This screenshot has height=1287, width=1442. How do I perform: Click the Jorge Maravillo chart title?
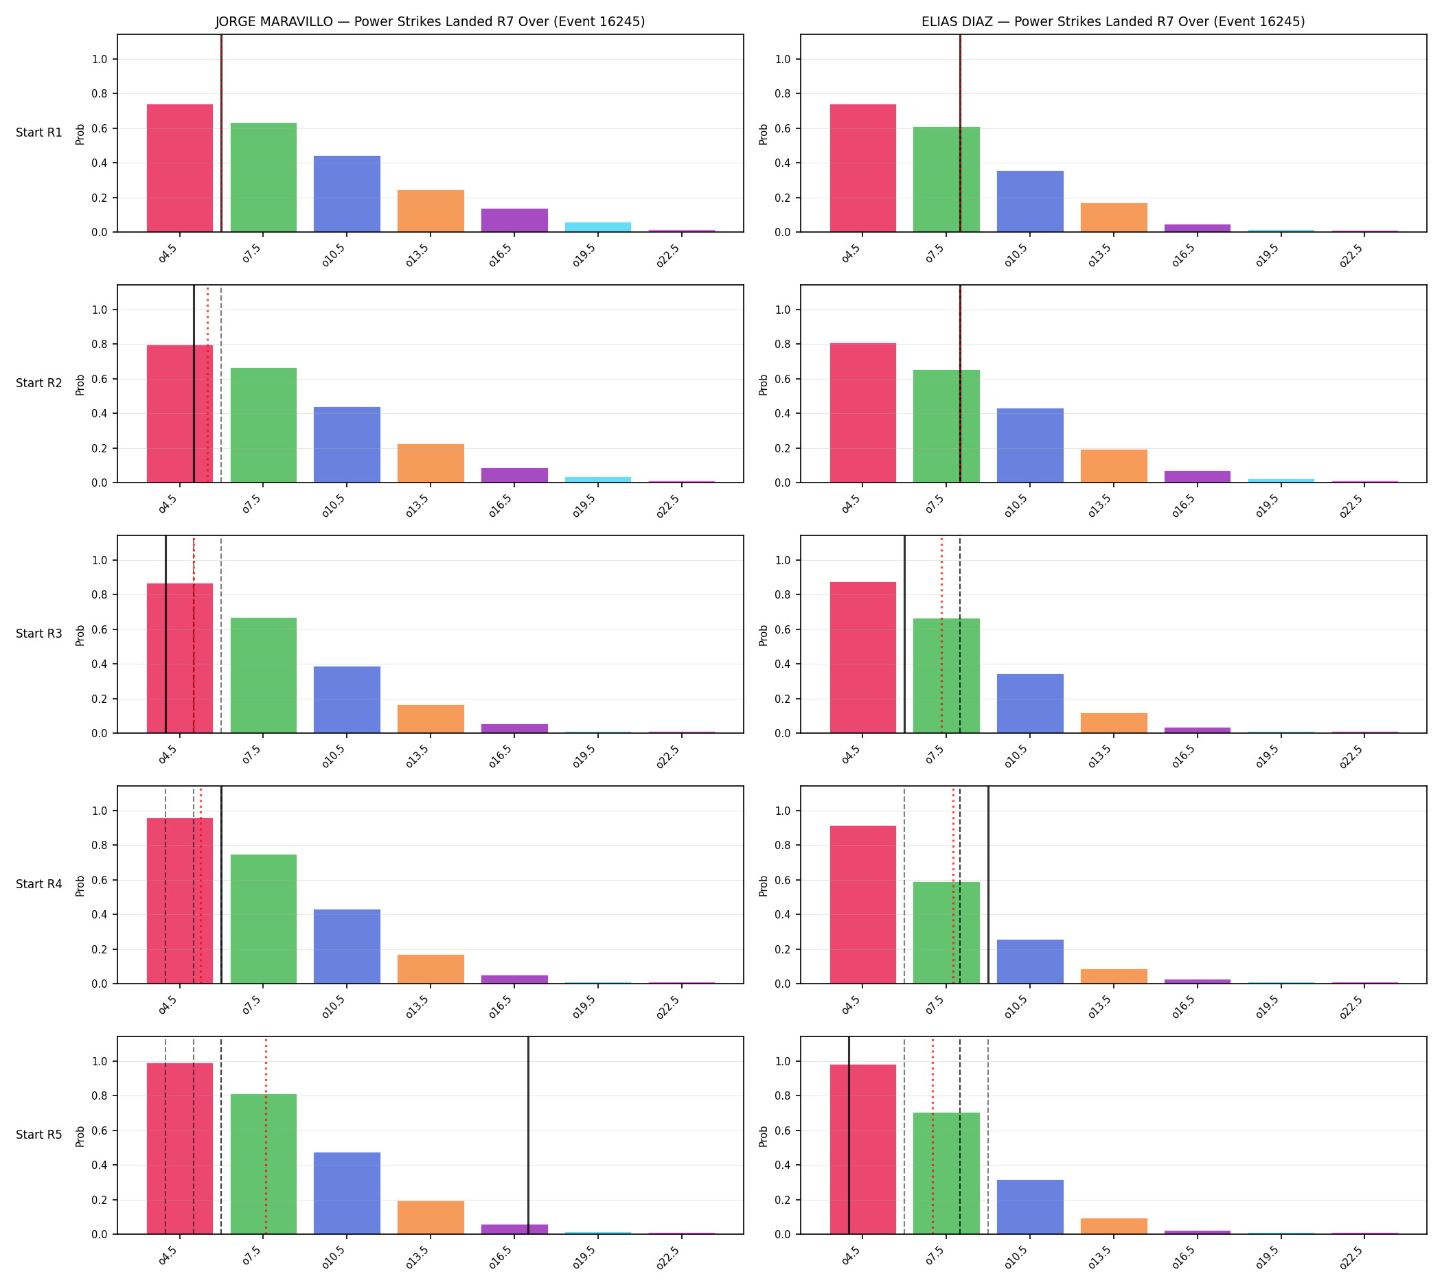pos(430,22)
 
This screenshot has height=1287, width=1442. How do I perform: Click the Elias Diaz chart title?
pos(1113,22)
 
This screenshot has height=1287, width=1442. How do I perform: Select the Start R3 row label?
pos(39,634)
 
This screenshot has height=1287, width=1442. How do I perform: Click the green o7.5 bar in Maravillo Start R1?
pos(263,178)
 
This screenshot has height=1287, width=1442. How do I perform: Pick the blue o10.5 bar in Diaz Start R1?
pos(1029,202)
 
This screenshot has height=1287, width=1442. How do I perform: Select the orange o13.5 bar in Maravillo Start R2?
pos(430,463)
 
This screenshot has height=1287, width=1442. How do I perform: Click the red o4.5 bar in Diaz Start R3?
pos(862,658)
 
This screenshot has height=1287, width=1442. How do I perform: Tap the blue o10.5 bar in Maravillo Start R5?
pos(347,1194)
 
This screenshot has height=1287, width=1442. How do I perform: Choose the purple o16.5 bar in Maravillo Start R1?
pos(514,220)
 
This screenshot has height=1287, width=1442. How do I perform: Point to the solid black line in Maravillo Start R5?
pos(528,1136)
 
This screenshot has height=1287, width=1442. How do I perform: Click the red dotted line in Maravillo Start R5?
pos(266,1136)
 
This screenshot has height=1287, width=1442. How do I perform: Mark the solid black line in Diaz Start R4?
pos(987,885)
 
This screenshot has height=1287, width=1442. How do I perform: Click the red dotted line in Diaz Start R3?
pos(941,634)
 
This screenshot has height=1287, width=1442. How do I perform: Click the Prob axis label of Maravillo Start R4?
pos(80,885)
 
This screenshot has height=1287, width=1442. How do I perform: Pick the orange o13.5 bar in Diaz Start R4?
pos(1114,977)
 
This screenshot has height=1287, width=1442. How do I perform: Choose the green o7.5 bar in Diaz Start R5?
pos(946,1174)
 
